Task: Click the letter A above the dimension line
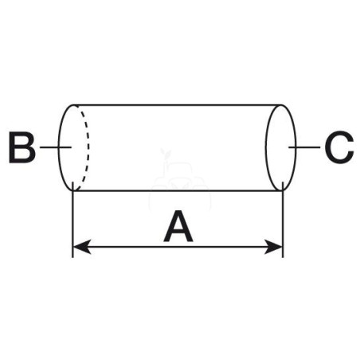coord(178,226)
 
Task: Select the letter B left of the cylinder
coord(22,147)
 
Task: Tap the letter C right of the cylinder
coord(339,147)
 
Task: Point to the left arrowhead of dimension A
coord(82,247)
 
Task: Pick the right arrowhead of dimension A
coord(273,247)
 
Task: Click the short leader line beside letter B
coord(56,147)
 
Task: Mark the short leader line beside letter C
coord(304,147)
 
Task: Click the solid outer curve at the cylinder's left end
coord(59,147)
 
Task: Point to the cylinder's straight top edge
coord(177,105)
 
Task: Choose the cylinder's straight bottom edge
coord(177,190)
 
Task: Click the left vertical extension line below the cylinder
coord(72,220)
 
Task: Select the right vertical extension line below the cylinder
coord(283,220)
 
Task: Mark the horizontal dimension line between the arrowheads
coord(178,247)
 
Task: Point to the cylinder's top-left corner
coord(74,105)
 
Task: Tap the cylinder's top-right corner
coord(281,105)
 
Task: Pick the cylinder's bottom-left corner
coord(74,190)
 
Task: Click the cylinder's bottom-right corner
coord(281,190)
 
